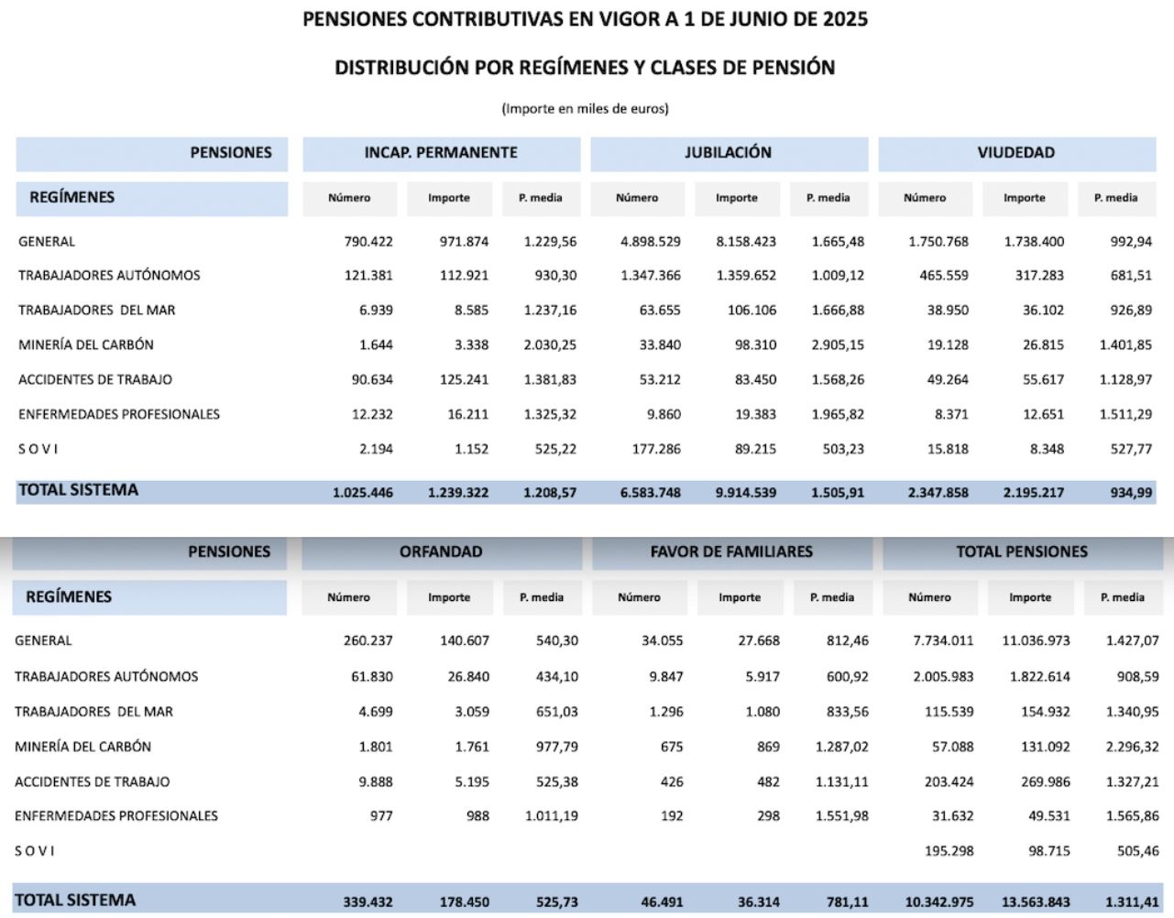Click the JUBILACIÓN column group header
[728, 153]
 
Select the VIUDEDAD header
[1015, 153]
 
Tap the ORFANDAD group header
[440, 552]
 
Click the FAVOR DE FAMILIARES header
[731, 552]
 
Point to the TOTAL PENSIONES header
[1022, 552]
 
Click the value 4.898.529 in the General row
[651, 242]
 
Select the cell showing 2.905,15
[838, 345]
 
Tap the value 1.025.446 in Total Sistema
[363, 493]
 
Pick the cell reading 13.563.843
[1036, 902]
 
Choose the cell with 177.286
[656, 450]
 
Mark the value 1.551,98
[842, 816]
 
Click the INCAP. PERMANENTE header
[441, 153]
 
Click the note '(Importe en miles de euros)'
[585, 109]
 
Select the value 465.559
[944, 276]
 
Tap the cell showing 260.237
[368, 641]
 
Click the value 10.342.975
[939, 902]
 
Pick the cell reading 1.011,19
[552, 816]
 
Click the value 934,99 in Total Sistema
[1131, 493]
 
